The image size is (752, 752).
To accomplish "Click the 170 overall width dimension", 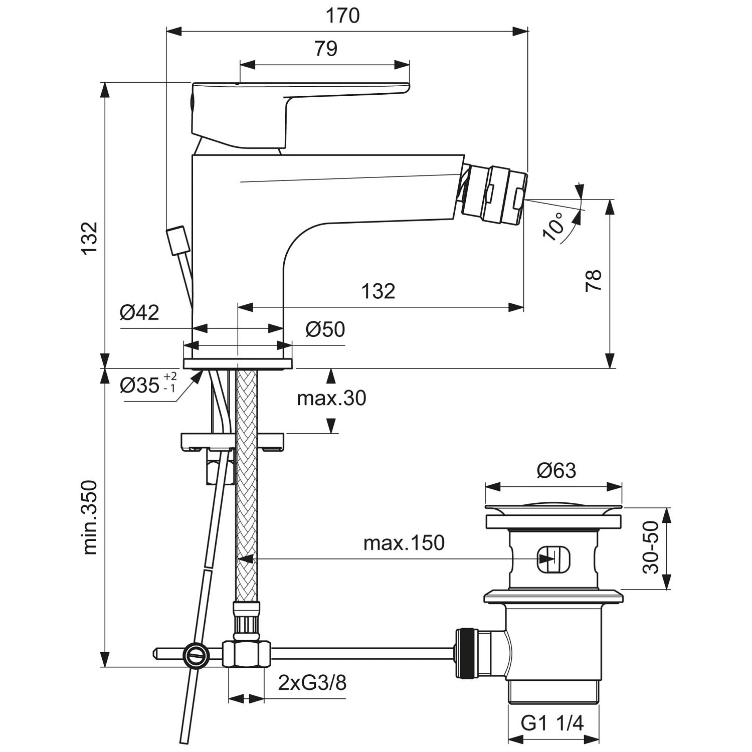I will (x=343, y=16).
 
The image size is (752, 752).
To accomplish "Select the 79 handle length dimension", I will (x=326, y=49).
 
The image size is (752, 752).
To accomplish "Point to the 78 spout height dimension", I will (x=594, y=281).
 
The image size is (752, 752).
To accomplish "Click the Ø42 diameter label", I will (x=139, y=313).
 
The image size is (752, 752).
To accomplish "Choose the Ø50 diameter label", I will (x=325, y=329).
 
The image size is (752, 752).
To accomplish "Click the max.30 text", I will (x=331, y=399).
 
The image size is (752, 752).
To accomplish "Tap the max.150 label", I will (x=404, y=543).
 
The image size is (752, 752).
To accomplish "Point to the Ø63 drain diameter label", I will (x=556, y=471).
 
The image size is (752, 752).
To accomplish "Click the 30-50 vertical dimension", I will (x=651, y=547).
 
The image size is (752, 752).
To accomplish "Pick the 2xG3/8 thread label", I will (x=312, y=683).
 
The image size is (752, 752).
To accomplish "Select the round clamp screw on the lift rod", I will (x=196, y=654).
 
